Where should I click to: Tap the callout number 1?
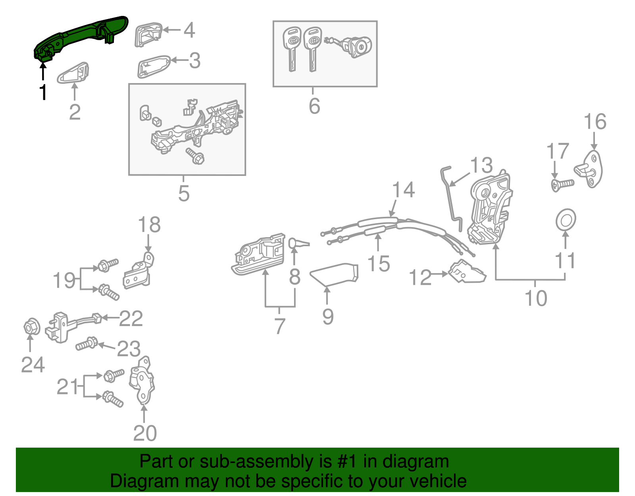click(x=43, y=93)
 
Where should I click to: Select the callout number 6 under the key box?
click(x=314, y=106)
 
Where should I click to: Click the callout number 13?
click(x=481, y=166)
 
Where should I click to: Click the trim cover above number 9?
click(x=335, y=274)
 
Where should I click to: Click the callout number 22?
click(x=131, y=318)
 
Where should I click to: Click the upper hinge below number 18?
click(x=139, y=272)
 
